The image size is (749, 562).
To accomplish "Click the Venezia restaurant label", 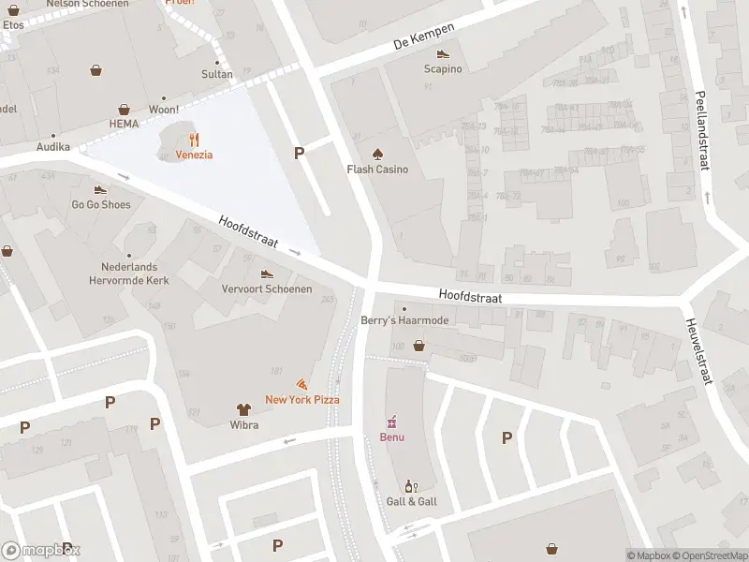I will pyautogui.click(x=194, y=155).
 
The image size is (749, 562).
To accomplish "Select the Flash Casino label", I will pyautogui.click(x=378, y=170).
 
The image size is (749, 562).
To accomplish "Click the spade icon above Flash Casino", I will pyautogui.click(x=378, y=154).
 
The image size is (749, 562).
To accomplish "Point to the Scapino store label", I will pyautogui.click(x=443, y=68).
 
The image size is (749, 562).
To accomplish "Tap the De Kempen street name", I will pyautogui.click(x=424, y=36).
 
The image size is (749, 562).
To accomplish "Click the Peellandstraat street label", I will pyautogui.click(x=702, y=129).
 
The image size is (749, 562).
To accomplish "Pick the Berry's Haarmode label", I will pyautogui.click(x=404, y=320).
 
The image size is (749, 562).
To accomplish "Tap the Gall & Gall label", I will pyautogui.click(x=410, y=502).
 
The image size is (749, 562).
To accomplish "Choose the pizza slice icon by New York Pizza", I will pyautogui.click(x=301, y=384).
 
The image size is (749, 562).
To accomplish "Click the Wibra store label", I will pyautogui.click(x=243, y=424).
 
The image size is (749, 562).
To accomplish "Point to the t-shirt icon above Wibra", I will pyautogui.click(x=243, y=409).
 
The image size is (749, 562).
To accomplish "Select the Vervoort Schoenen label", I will pyautogui.click(x=267, y=288).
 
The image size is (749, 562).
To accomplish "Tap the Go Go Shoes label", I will pyautogui.click(x=101, y=204).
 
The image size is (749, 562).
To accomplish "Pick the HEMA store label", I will pyautogui.click(x=124, y=124).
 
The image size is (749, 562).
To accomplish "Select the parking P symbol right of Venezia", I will pyautogui.click(x=300, y=153).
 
